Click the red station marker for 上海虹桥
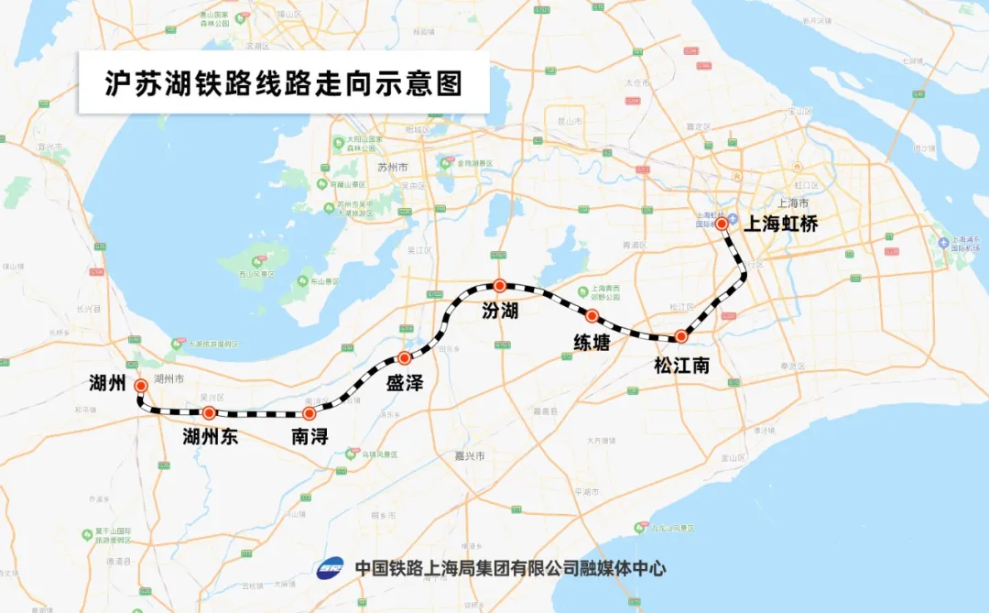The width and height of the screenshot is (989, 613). (722, 223)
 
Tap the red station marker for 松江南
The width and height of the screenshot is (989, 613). (680, 336)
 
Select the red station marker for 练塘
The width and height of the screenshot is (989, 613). (592, 316)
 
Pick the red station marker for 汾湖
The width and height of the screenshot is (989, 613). (499, 285)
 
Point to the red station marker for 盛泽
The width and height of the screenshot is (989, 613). (404, 357)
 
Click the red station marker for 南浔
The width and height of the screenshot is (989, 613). (309, 414)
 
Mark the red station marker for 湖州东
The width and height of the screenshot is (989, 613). (209, 412)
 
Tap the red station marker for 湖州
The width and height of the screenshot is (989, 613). (140, 386)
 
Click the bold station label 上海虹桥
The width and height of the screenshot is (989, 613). (778, 223)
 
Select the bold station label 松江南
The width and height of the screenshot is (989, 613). (681, 366)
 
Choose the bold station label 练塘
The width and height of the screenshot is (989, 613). (592, 342)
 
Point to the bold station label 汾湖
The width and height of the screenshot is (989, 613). (500, 311)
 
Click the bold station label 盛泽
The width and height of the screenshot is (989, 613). (404, 383)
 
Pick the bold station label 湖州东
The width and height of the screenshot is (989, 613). (211, 436)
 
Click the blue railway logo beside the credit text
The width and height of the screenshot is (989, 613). (331, 568)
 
